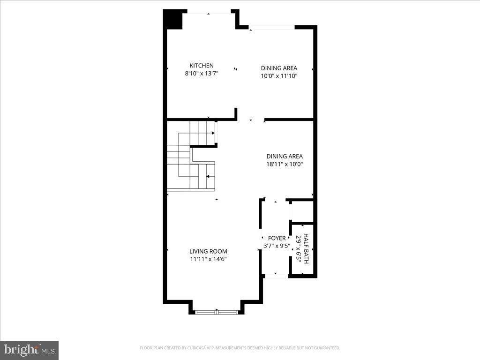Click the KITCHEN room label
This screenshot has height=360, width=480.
[202, 66]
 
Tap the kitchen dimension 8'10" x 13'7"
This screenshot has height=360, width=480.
[202, 74]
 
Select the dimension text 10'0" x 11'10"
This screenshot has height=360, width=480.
[279, 76]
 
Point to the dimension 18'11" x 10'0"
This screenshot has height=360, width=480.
[285, 165]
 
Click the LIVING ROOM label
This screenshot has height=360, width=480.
[208, 251]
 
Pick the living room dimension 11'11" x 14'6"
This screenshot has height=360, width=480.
[208, 259]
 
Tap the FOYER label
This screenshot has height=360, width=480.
[277, 238]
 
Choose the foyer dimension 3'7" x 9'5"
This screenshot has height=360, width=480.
[277, 245]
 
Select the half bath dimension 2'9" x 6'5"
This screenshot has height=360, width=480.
[298, 248]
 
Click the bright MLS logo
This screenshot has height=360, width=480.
[29, 350]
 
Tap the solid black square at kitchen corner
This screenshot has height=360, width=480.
[172, 19]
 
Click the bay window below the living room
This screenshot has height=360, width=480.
[217, 311]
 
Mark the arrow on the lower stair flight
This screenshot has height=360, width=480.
[208, 176]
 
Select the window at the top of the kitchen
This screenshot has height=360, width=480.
[208, 13]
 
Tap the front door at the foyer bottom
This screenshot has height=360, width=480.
[276, 276]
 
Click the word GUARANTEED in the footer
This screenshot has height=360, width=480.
[327, 348]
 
